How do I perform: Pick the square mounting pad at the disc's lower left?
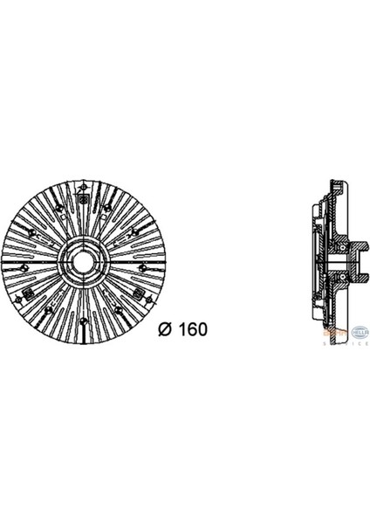click(30, 290)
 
